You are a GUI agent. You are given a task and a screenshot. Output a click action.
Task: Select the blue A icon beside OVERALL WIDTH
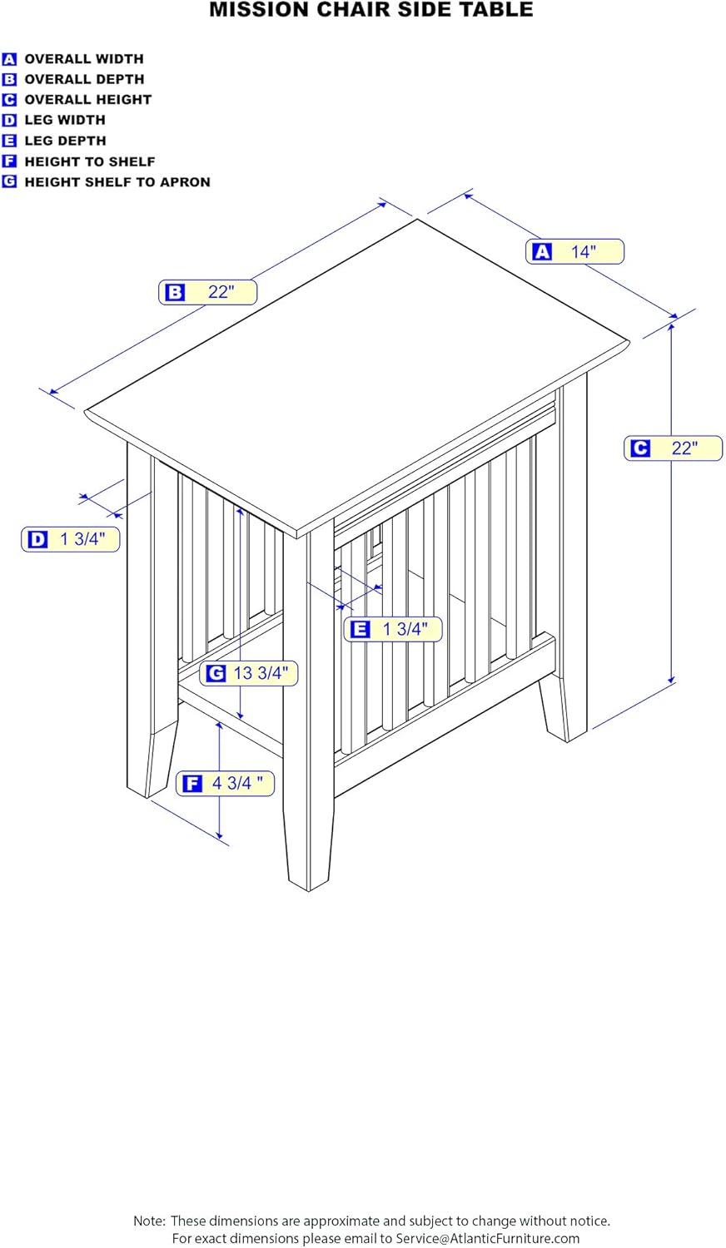(9, 59)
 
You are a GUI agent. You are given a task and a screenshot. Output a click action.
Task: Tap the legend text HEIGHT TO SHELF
(89, 161)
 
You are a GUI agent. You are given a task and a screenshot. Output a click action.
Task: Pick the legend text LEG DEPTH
(65, 141)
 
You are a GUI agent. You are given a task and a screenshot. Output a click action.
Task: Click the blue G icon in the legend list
(9, 182)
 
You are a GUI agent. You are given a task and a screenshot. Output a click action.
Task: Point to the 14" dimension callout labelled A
(574, 251)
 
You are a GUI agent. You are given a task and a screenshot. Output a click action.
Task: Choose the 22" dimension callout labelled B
(208, 292)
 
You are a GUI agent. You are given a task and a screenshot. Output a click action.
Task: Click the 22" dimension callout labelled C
(673, 448)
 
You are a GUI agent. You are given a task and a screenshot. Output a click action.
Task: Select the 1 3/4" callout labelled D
(71, 539)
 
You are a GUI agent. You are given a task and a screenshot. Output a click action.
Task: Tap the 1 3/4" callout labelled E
(393, 629)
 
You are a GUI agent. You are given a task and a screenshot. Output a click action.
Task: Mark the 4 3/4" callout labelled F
(225, 783)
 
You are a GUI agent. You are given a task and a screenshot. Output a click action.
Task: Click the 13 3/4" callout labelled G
(249, 672)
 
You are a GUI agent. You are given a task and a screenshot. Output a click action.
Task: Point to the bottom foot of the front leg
(309, 865)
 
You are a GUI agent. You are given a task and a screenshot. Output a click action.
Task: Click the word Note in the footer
(149, 1221)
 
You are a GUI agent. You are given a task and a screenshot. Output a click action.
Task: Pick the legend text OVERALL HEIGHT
(87, 100)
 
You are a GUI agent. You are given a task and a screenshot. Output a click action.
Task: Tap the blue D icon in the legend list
(9, 121)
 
